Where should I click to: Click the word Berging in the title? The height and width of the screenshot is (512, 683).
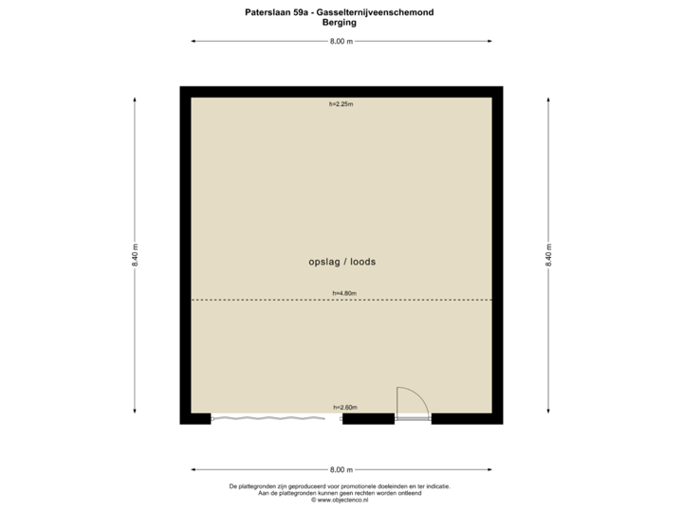(x=339, y=22)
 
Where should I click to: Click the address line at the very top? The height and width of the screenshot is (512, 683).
(x=340, y=12)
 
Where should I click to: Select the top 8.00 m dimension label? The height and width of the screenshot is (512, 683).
(x=341, y=42)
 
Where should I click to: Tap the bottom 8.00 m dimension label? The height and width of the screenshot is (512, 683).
(x=341, y=469)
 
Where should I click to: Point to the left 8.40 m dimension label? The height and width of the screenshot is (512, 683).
(x=135, y=256)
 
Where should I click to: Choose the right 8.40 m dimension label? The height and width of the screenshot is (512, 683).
(x=548, y=256)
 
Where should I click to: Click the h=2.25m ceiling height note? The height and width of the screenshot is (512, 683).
(x=341, y=104)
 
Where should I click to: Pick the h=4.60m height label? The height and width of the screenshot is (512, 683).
(x=343, y=293)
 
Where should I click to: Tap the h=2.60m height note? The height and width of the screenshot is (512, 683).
(x=343, y=407)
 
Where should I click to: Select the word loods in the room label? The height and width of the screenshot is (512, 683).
(x=361, y=262)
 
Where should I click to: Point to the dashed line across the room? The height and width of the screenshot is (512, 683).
(x=266, y=301)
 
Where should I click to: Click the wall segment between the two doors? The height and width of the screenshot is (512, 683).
(x=368, y=419)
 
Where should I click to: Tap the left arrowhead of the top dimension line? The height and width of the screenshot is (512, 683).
(x=194, y=42)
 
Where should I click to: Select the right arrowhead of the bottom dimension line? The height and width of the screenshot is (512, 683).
(x=489, y=469)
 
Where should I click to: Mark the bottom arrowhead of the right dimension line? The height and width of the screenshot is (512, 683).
(x=548, y=412)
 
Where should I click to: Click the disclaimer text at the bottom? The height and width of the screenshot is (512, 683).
(x=340, y=490)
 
